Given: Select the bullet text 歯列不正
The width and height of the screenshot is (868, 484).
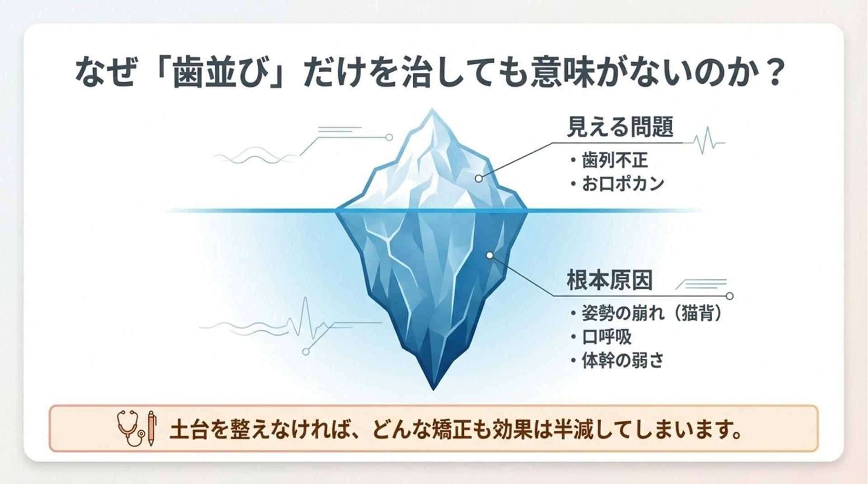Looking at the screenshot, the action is tap(615, 160).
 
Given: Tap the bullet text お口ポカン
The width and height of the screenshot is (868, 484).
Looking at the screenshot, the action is tap(623, 184).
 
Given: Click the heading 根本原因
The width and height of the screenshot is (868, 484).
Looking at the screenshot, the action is tap(609, 280).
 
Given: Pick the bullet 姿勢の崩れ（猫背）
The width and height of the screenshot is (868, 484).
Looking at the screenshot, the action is tap(651, 313).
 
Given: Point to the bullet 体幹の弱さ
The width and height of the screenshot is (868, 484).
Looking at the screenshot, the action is tap(623, 361).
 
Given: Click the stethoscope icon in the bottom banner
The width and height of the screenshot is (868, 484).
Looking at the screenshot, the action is tap(130, 428).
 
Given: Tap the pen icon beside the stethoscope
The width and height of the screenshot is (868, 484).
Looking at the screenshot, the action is tap(152, 428).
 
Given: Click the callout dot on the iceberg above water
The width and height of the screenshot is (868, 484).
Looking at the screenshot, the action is tap(479, 179).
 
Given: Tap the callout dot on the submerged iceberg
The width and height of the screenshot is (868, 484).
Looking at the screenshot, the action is tap(490, 255).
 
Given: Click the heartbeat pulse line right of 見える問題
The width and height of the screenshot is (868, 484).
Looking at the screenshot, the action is tap(703, 141).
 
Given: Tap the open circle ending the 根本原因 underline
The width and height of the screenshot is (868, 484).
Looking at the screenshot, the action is tap(729, 296).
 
